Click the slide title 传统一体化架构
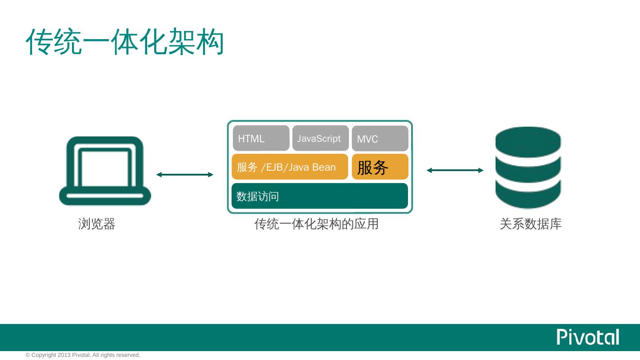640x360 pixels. (x=124, y=42)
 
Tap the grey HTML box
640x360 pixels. (x=261, y=138)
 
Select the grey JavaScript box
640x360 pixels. (x=320, y=138)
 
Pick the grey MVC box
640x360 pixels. (x=380, y=139)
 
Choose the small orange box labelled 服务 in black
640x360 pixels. (x=380, y=167)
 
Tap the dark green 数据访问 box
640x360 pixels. (x=320, y=196)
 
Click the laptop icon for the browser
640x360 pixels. (x=105, y=171)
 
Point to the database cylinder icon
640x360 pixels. (x=528, y=168)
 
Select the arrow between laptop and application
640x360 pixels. (x=185, y=175)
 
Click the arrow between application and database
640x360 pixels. (x=455, y=170)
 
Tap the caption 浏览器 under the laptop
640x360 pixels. (x=97, y=224)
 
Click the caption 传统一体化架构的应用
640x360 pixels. (x=316, y=224)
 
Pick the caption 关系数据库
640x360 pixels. (x=531, y=224)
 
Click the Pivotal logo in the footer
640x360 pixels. (x=588, y=337)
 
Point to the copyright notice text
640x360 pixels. (x=83, y=355)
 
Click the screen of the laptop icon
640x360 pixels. (x=105, y=168)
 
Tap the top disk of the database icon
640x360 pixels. (x=528, y=141)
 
